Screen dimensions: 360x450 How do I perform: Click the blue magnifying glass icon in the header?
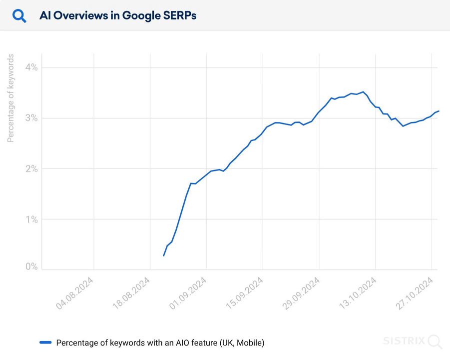click(19, 16)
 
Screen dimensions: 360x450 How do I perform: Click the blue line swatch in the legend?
click(45, 342)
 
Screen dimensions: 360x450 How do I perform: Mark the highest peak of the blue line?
click(363, 91)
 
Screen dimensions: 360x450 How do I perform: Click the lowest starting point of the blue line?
click(163, 255)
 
